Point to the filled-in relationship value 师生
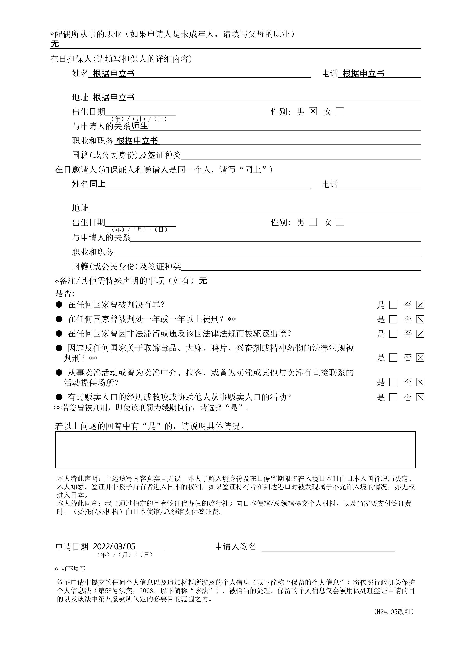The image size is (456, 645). [140, 126]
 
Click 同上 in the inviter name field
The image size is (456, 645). [97, 184]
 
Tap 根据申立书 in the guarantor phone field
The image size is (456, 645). [363, 73]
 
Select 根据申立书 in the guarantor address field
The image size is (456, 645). [114, 97]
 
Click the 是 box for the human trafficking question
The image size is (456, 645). [393, 397]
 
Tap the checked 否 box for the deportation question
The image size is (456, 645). [420, 334]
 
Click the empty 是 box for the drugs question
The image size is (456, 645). [393, 358]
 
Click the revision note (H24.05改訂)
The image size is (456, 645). [394, 612]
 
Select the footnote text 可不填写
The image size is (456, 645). [73, 569]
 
